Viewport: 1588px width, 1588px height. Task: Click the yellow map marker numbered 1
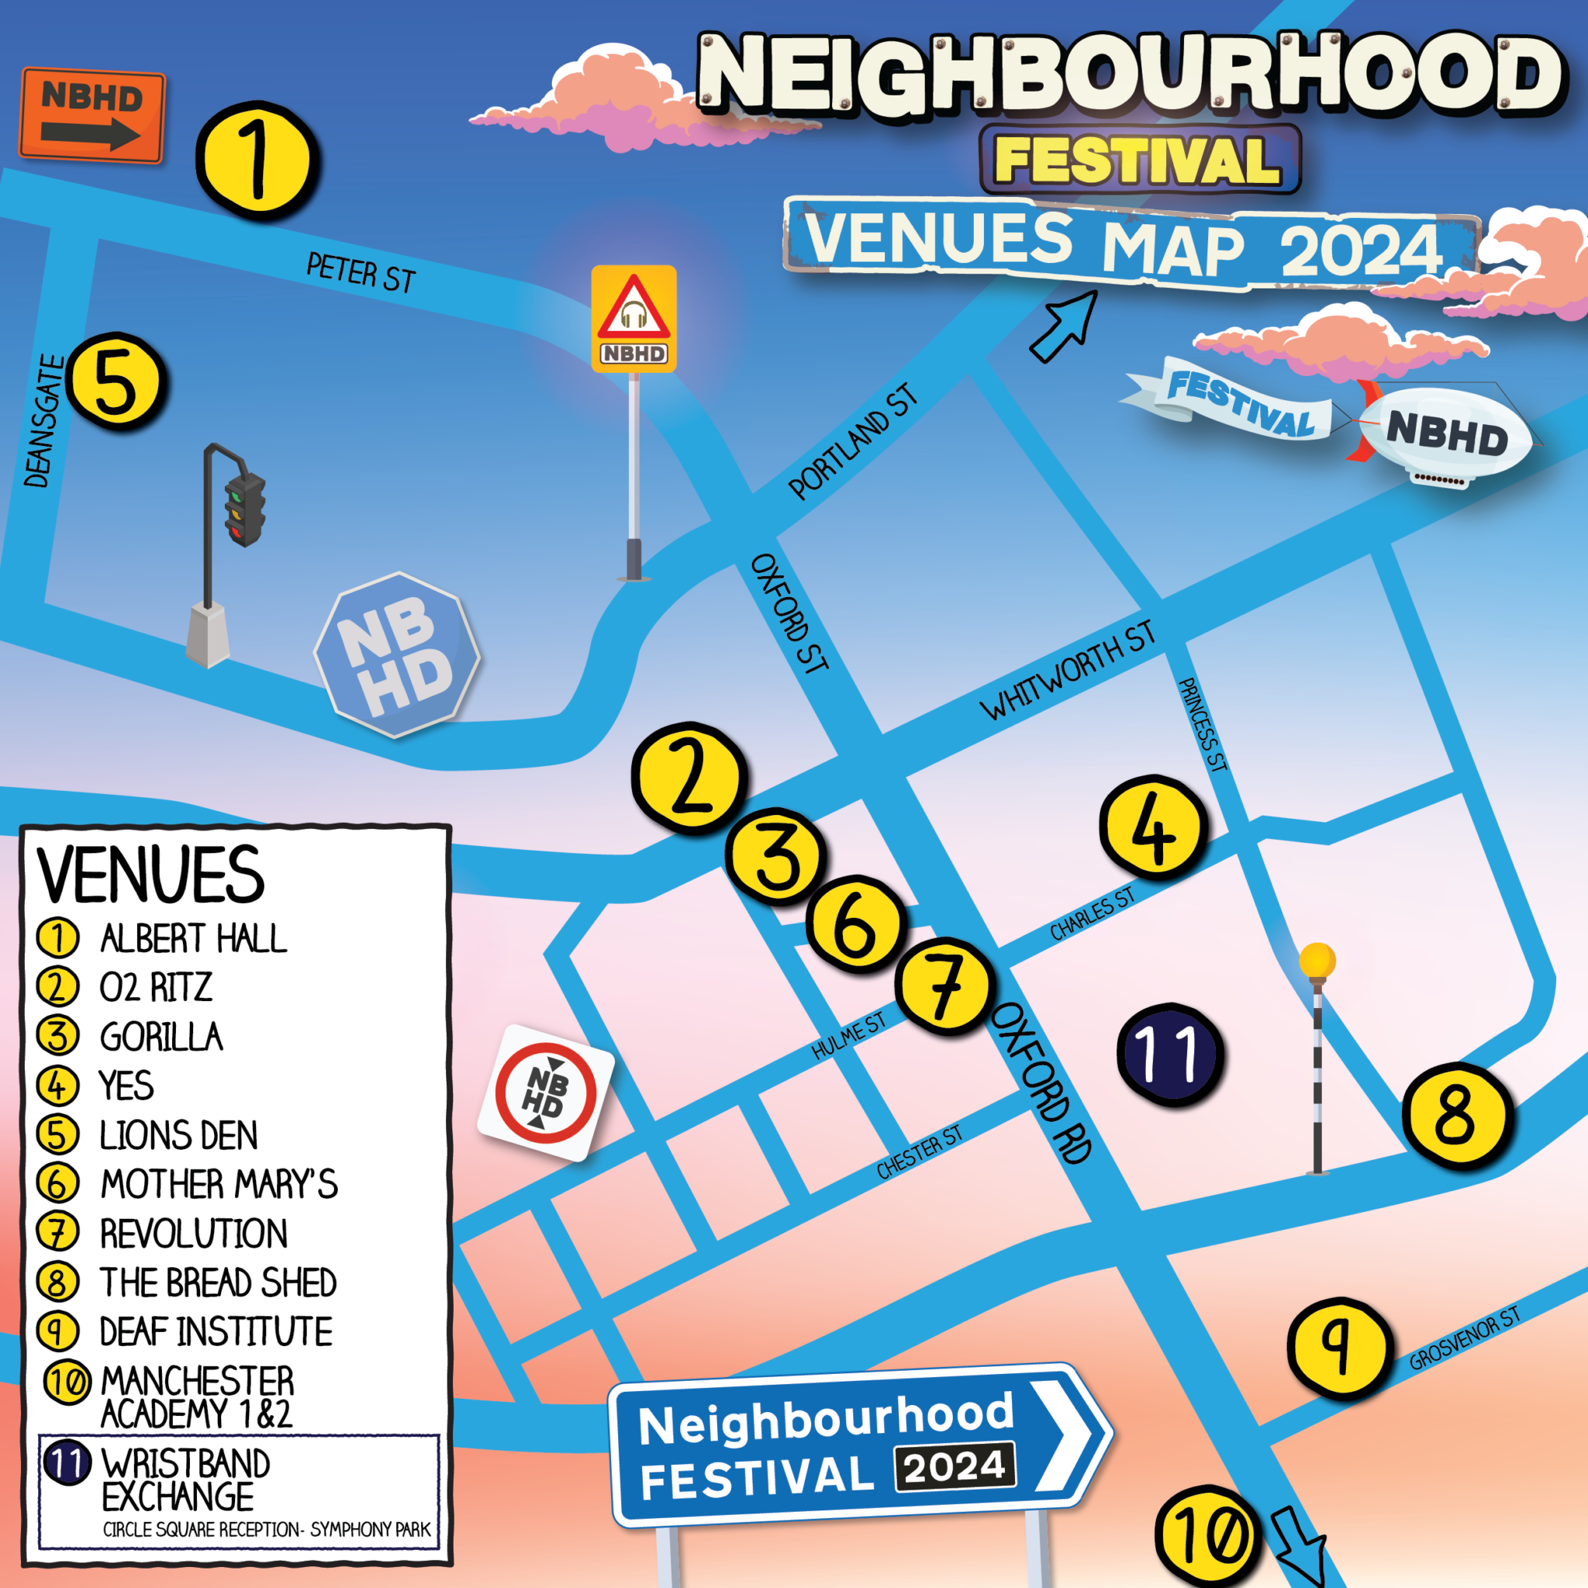257,161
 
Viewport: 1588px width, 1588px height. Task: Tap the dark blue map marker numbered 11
1169,1055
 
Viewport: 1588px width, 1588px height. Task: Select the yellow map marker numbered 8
1455,1115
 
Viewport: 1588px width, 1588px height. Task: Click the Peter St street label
361,272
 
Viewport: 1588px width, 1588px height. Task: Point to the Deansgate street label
43,421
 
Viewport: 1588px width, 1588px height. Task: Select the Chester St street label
918,1152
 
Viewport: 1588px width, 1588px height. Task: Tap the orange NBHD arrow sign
92,116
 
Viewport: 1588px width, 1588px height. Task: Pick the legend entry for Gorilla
161,1037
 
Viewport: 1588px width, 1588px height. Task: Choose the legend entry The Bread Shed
218,1282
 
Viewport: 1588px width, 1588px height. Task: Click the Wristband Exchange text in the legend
185,1479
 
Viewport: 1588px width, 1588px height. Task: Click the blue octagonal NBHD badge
397,655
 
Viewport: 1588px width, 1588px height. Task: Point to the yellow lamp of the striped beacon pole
1317,960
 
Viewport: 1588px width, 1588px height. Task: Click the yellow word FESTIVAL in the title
1138,160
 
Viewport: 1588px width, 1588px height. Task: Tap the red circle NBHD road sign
546,1093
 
